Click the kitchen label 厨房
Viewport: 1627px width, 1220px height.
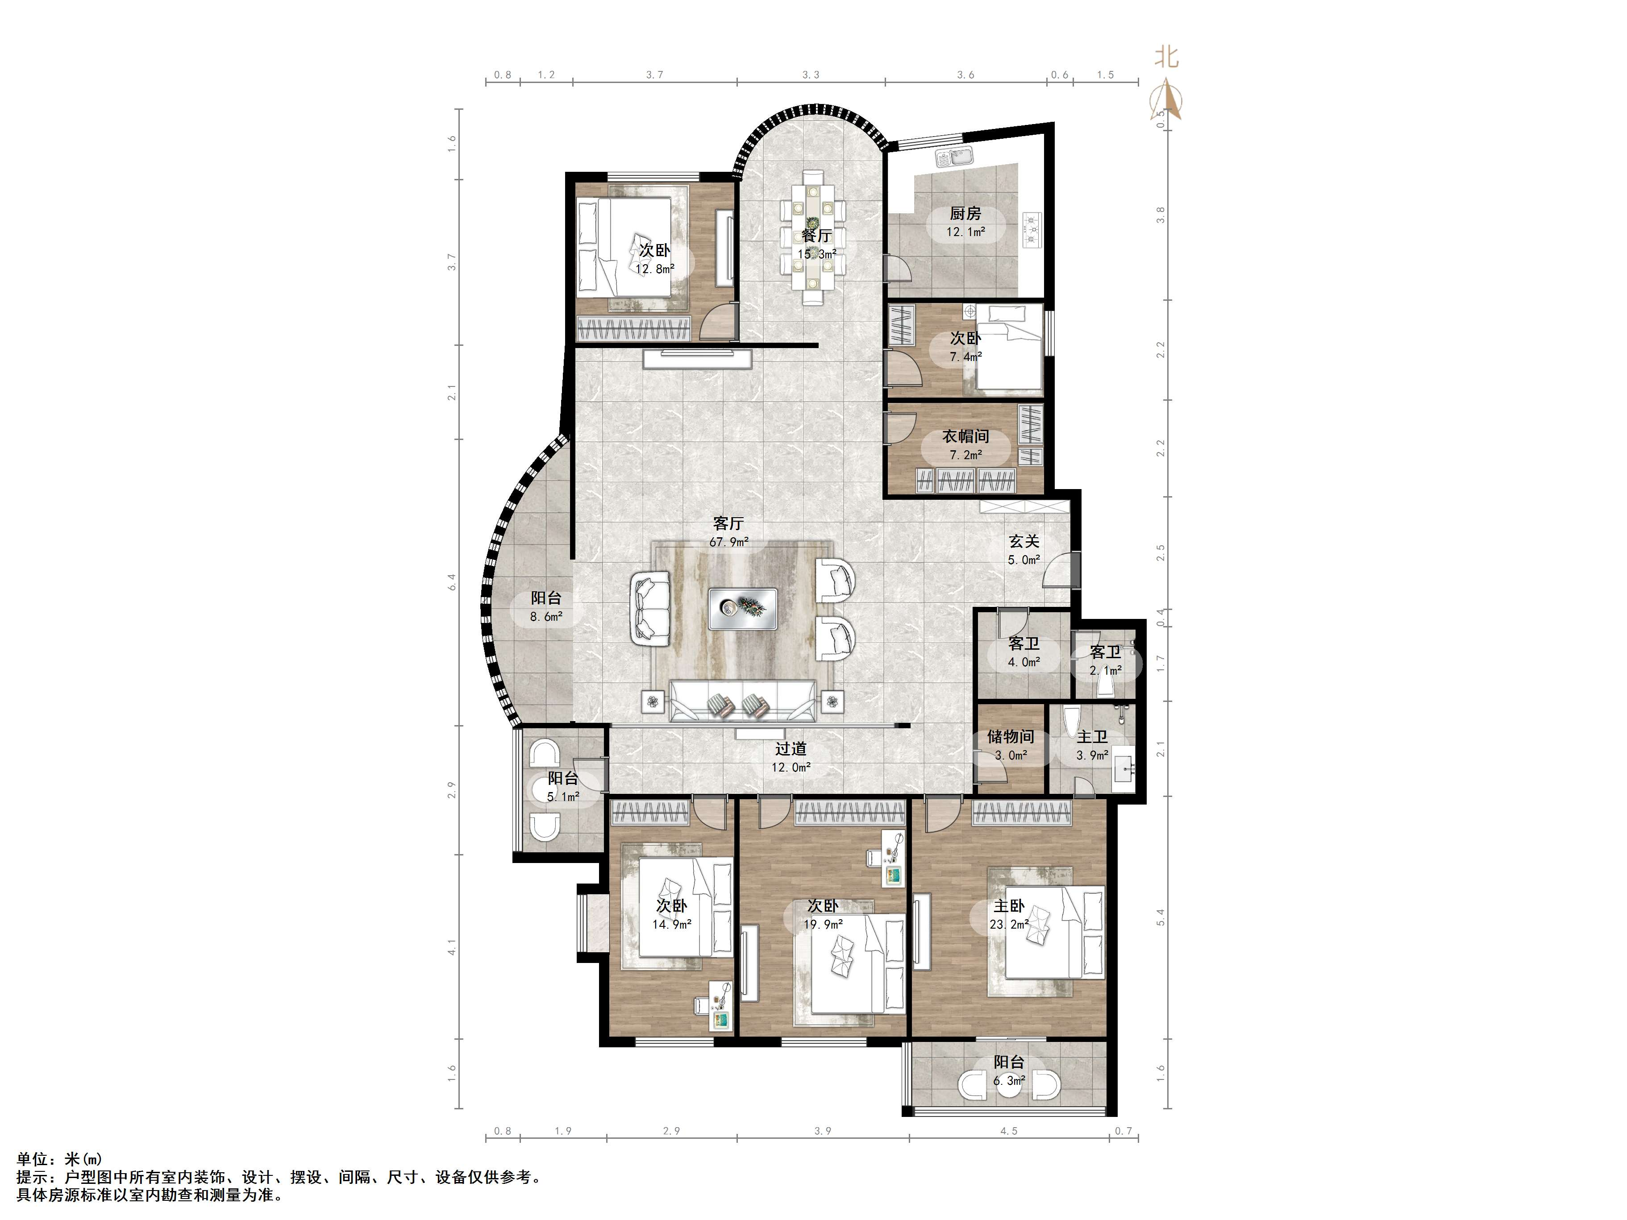pos(965,213)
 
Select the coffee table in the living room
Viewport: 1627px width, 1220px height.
pos(743,608)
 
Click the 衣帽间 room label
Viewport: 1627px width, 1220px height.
pos(966,436)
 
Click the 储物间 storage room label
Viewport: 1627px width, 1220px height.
pos(1011,736)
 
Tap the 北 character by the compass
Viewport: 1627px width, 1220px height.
pos(1166,57)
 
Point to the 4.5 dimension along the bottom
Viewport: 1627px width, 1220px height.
pos(1009,1131)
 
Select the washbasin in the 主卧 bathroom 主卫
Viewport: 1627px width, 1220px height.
pos(1123,768)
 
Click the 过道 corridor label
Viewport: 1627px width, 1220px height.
pos(791,749)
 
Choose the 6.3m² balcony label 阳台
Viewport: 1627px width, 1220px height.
pos(1009,1062)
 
